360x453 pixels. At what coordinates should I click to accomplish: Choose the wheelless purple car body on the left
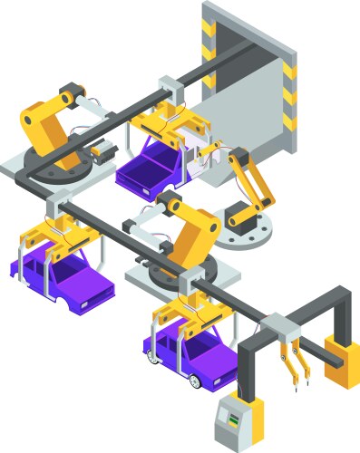coord(63,275)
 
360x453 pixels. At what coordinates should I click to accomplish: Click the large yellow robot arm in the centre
coord(195,230)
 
